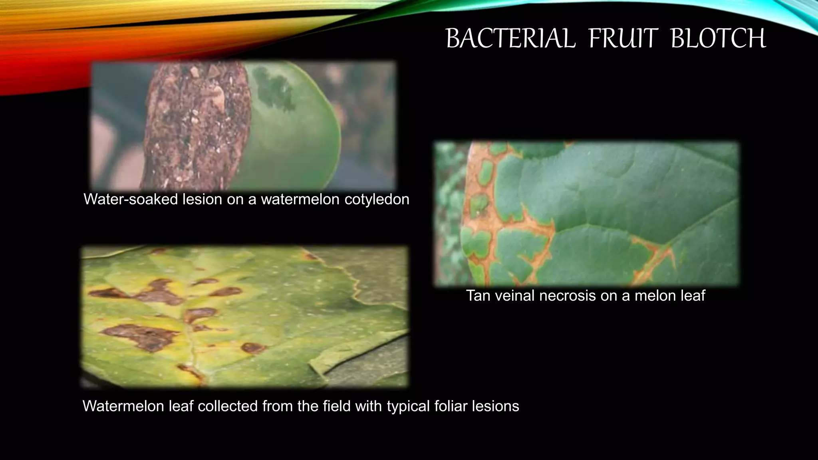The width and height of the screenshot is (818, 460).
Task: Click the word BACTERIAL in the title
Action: point(510,39)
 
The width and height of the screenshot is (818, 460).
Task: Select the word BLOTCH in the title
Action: point(718,39)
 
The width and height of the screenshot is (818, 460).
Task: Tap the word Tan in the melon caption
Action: point(478,296)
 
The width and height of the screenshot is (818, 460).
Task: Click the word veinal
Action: point(515,296)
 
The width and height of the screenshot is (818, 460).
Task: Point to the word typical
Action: point(408,406)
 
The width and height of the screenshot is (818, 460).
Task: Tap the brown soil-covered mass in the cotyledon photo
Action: point(196,124)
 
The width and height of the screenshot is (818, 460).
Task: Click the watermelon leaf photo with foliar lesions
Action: point(244,316)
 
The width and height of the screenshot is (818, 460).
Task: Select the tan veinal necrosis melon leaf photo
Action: point(586,214)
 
